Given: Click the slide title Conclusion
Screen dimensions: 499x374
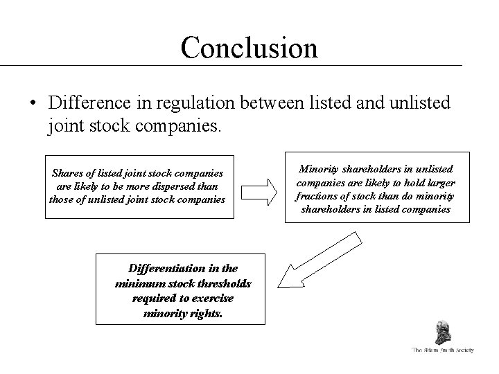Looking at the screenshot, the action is point(249,47).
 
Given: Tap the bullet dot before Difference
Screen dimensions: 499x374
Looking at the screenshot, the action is point(33,104).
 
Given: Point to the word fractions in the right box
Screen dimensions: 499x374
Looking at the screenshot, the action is point(318,195).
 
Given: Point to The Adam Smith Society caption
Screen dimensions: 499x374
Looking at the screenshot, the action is point(442,351).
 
